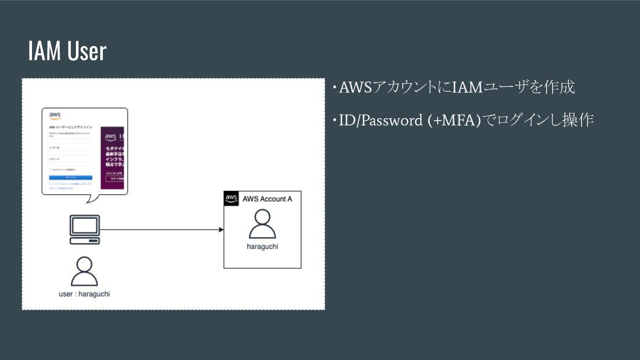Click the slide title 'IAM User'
point(67,51)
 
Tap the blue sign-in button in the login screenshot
point(70,177)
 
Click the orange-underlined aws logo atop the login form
point(55,116)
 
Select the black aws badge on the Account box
point(231,198)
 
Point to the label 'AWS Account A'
point(267,199)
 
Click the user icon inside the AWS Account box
point(262,224)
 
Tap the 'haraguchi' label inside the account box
point(262,247)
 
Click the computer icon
point(85,229)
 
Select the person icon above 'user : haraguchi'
point(84,271)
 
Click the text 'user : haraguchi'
point(84,294)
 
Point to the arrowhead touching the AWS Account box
point(221,230)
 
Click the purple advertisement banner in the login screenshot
point(112,158)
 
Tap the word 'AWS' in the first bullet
point(355,87)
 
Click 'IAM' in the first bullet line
point(467,87)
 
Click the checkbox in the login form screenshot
point(50,170)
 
